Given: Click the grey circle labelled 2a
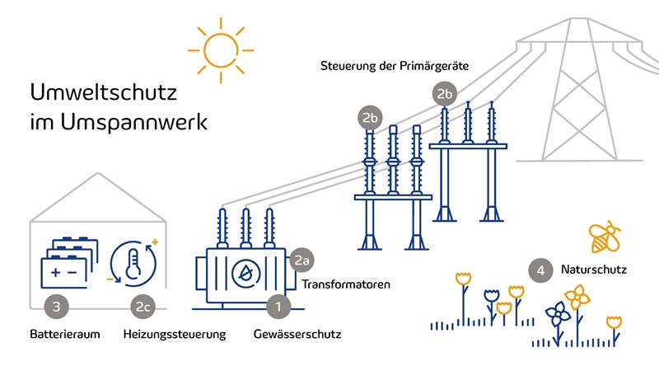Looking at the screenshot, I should pos(302,261).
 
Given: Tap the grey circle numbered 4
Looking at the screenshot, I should pos(540,270).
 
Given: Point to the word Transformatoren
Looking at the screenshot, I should pos(346,285).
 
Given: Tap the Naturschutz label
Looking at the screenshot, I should pos(594,270).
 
